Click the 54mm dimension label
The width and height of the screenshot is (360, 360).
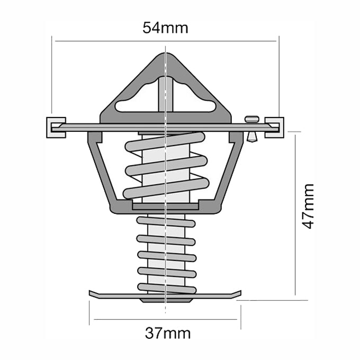[165, 28]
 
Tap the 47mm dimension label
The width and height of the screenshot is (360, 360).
[308, 206]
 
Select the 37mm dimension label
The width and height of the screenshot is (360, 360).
[167, 334]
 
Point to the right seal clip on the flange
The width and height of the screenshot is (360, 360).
[275, 127]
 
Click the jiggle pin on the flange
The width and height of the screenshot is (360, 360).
[251, 128]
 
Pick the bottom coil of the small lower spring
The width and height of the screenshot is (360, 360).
[165, 287]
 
